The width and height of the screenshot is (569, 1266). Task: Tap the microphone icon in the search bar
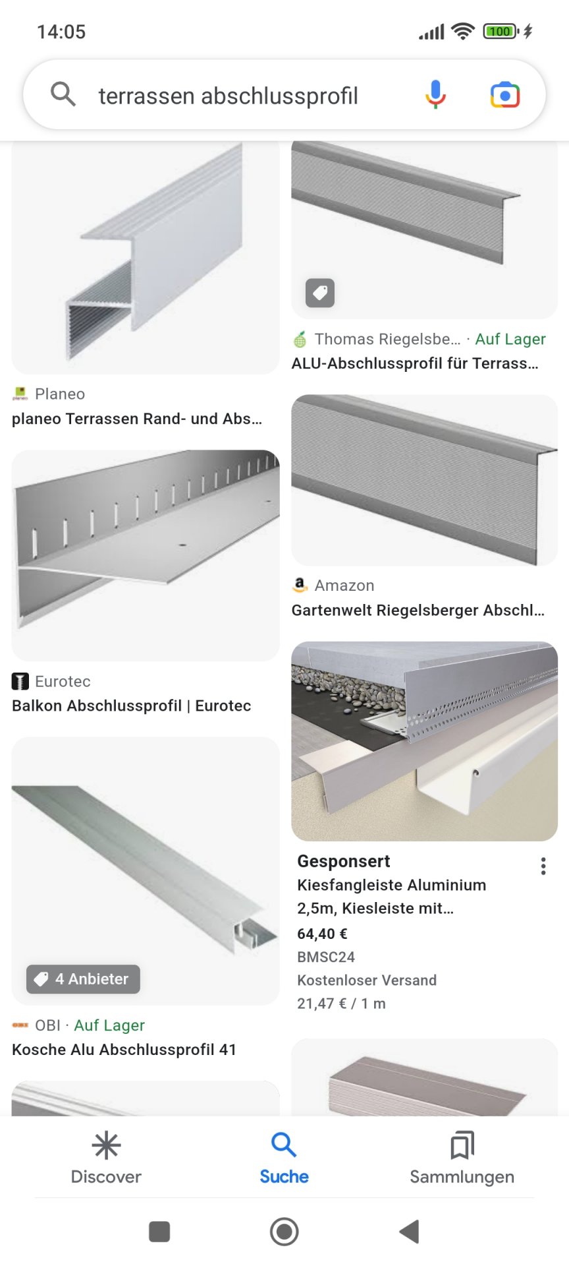(435, 94)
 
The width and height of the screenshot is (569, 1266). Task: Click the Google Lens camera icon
(505, 95)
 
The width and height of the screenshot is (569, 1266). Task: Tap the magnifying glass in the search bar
(63, 94)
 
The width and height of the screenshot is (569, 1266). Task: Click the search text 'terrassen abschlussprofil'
(228, 96)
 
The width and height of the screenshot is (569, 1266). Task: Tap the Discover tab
(106, 1158)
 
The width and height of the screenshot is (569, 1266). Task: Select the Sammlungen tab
(462, 1158)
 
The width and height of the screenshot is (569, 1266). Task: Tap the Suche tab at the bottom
(284, 1158)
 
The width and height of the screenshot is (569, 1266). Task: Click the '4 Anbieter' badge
(83, 979)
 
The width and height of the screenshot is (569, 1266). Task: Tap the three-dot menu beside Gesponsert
(543, 866)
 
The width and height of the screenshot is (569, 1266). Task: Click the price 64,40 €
(322, 934)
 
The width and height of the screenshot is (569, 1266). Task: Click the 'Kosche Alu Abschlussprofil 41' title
(124, 1050)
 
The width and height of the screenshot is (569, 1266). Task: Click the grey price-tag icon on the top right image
(320, 293)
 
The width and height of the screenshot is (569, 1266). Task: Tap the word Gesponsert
(344, 861)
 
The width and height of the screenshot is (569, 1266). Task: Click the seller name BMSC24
(326, 957)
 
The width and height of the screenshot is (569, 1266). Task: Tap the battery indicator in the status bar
(501, 31)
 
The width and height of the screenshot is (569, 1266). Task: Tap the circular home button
(284, 1232)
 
